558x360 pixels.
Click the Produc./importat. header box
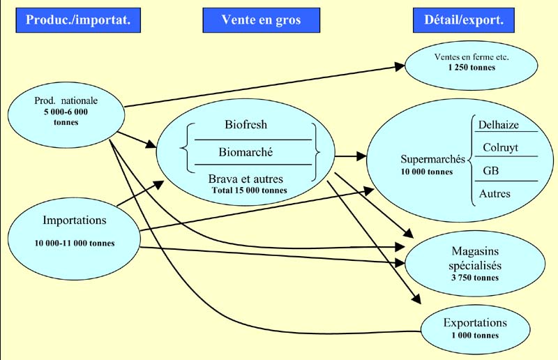pyautogui.click(x=78, y=20)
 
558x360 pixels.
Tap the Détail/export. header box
pyautogui.click(x=464, y=20)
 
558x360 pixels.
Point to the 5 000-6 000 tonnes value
pyautogui.click(x=66, y=117)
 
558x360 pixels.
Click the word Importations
pyautogui.click(x=75, y=220)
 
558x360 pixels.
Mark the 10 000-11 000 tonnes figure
pyautogui.click(x=75, y=243)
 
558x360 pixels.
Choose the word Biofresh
pyautogui.click(x=246, y=126)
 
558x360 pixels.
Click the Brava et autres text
pyautogui.click(x=246, y=179)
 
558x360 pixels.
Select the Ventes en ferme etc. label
pyautogui.click(x=471, y=57)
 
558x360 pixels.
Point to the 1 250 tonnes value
pyautogui.click(x=471, y=68)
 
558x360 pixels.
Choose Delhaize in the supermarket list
pyautogui.click(x=500, y=125)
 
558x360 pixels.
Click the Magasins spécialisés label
pyautogui.click(x=474, y=259)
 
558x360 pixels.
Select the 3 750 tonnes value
pyautogui.click(x=474, y=278)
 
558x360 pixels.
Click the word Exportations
pyautogui.click(x=475, y=323)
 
